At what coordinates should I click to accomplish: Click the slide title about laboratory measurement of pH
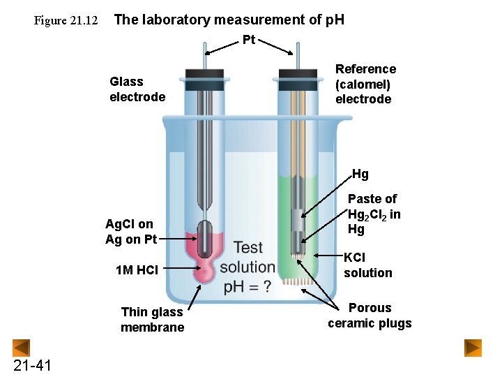[x=229, y=20]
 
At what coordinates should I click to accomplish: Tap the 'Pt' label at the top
[x=249, y=39]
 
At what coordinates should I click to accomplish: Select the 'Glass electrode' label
[x=137, y=89]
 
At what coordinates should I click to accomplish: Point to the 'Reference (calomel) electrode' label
[x=365, y=84]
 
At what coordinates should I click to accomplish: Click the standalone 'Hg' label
[x=360, y=174]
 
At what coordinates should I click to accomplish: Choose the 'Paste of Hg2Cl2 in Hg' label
[x=374, y=214]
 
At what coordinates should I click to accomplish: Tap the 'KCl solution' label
[x=367, y=265]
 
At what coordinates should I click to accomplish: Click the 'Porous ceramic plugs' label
[x=370, y=316]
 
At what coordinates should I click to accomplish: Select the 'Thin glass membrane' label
[x=152, y=320]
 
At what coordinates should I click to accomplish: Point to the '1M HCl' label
[x=138, y=269]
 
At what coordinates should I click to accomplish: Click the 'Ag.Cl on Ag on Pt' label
[x=130, y=232]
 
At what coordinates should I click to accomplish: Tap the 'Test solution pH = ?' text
[x=247, y=267]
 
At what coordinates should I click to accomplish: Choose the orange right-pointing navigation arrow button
[x=473, y=347]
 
